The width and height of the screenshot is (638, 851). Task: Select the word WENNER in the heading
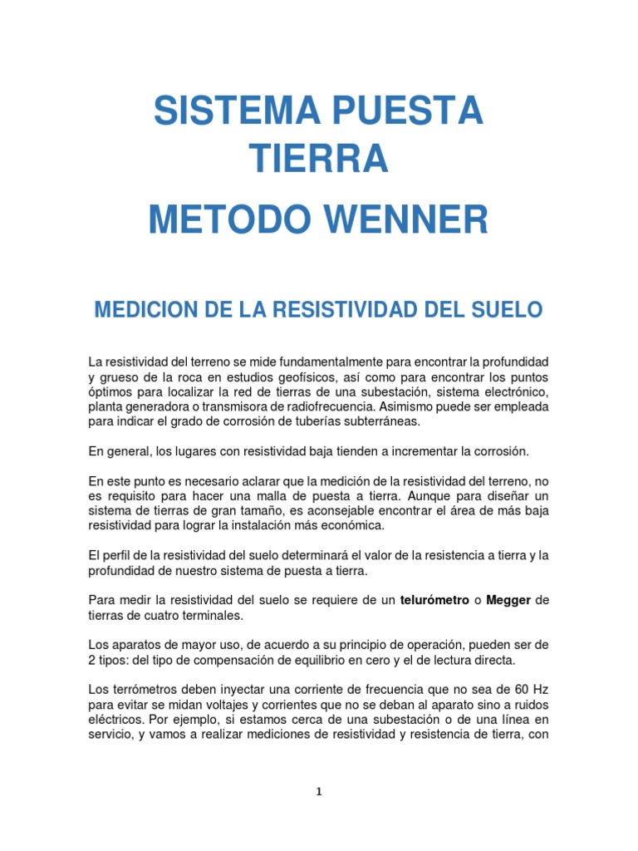(x=406, y=220)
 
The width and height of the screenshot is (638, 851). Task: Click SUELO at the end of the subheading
(x=507, y=311)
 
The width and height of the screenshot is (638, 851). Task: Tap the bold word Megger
(x=508, y=600)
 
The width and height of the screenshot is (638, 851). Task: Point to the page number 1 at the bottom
(x=319, y=792)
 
